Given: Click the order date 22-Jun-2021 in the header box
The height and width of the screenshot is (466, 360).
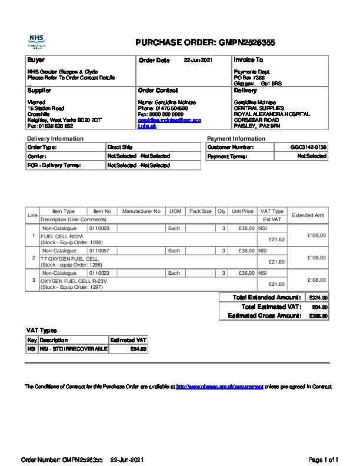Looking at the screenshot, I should [198, 60].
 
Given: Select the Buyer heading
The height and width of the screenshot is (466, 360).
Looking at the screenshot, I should [36, 60].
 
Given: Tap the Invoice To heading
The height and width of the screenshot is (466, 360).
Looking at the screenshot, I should [248, 60].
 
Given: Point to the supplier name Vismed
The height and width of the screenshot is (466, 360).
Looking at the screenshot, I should [36, 102].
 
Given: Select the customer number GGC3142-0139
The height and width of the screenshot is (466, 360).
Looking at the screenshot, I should [308, 147].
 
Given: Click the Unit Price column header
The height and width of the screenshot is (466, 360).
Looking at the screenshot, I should [242, 211].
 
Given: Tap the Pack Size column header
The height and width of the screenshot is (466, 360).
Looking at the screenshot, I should [200, 211].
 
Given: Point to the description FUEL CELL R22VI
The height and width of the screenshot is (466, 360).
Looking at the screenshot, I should [62, 236].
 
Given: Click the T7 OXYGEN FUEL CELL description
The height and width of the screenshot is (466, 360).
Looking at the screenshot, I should [69, 258].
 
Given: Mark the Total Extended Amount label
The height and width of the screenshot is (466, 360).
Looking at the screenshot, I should [266, 298].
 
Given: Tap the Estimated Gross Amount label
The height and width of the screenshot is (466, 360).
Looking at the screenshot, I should [264, 316].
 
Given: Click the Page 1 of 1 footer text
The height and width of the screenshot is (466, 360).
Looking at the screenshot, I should [324, 460].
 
